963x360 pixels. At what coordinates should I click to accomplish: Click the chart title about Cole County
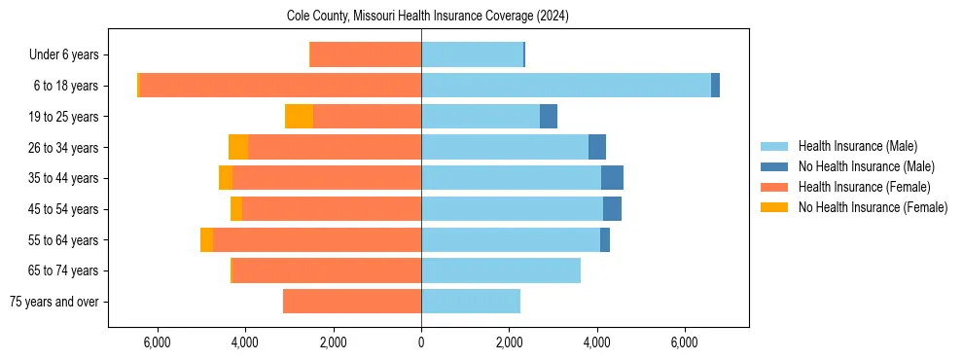(427, 17)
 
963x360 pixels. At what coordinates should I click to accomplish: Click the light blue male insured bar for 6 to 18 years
(565, 86)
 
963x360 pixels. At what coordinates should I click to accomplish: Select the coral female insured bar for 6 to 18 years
(280, 86)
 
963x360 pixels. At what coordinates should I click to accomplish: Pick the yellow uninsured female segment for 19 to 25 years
(299, 117)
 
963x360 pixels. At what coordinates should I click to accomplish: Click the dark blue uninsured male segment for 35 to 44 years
(612, 178)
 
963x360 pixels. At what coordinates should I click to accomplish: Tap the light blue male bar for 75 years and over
(471, 302)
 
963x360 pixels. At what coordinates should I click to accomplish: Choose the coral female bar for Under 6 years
(365, 55)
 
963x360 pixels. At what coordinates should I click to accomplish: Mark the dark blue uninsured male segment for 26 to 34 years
(597, 148)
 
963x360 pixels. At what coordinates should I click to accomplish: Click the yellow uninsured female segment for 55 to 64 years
(206, 239)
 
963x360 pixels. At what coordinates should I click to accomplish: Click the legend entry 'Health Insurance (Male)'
(857, 146)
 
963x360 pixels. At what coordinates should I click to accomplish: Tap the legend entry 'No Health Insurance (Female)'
(872, 207)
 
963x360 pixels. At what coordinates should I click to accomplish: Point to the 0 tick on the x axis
(421, 342)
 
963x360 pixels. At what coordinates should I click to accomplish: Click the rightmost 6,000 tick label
(685, 342)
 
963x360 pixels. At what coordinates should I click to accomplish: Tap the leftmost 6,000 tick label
(157, 342)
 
